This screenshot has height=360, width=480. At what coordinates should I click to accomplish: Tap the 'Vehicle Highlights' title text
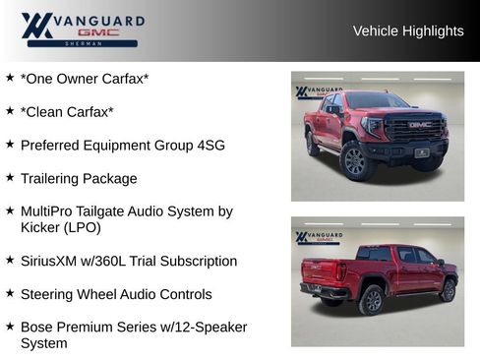408,31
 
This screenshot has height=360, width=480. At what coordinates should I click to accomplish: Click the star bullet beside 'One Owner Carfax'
10,77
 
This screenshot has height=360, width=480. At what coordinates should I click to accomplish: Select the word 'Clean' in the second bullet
47,111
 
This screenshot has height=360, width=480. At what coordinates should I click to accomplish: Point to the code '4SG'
208,145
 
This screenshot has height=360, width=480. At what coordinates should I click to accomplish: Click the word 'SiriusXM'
51,261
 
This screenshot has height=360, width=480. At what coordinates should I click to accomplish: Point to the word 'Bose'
36,327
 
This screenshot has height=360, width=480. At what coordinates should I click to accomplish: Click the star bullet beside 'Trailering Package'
10,177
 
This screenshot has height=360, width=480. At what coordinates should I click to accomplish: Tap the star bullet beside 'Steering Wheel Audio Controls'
10,293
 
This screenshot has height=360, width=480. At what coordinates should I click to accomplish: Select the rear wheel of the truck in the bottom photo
372,299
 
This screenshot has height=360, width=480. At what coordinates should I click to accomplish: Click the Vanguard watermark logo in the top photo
317,92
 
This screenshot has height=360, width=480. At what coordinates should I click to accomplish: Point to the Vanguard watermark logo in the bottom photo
317,238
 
